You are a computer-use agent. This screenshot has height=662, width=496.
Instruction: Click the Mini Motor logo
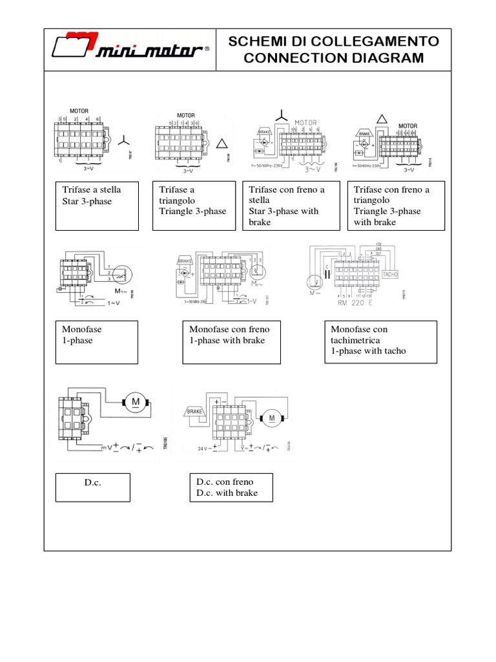[x=129, y=50]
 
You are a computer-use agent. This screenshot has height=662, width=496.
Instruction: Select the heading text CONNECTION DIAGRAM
[x=334, y=58]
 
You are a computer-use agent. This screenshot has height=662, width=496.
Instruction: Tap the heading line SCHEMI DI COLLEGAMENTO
[x=334, y=42]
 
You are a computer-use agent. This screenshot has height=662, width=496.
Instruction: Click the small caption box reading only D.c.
[x=92, y=487]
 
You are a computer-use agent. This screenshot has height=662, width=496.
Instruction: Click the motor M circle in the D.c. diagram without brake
[x=136, y=403]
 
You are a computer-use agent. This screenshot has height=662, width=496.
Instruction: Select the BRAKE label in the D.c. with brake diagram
[x=196, y=411]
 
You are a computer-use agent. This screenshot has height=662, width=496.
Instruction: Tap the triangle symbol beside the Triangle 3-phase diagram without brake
[x=222, y=144]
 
